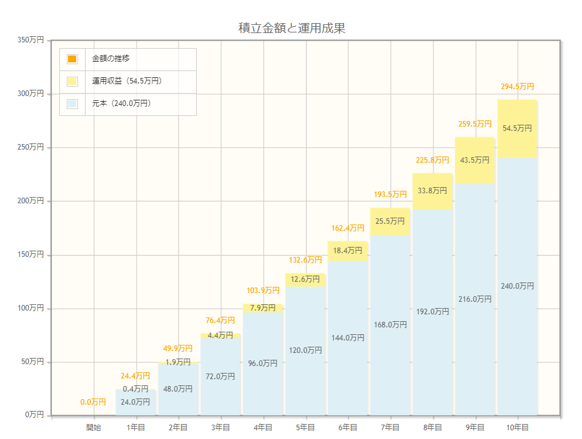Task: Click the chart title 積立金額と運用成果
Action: pyautogui.click(x=292, y=28)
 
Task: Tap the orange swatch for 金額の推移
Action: pyautogui.click(x=72, y=59)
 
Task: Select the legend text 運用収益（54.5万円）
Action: pyautogui.click(x=127, y=81)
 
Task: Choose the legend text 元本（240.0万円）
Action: pyautogui.click(x=122, y=104)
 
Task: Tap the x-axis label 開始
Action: pyautogui.click(x=94, y=428)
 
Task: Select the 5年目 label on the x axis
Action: pyautogui.click(x=305, y=428)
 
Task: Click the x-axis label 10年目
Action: pyautogui.click(x=517, y=428)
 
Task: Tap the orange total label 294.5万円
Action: pyautogui.click(x=517, y=87)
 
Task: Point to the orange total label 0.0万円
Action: pyautogui.click(x=93, y=402)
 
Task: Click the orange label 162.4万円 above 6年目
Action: pyautogui.click(x=348, y=228)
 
